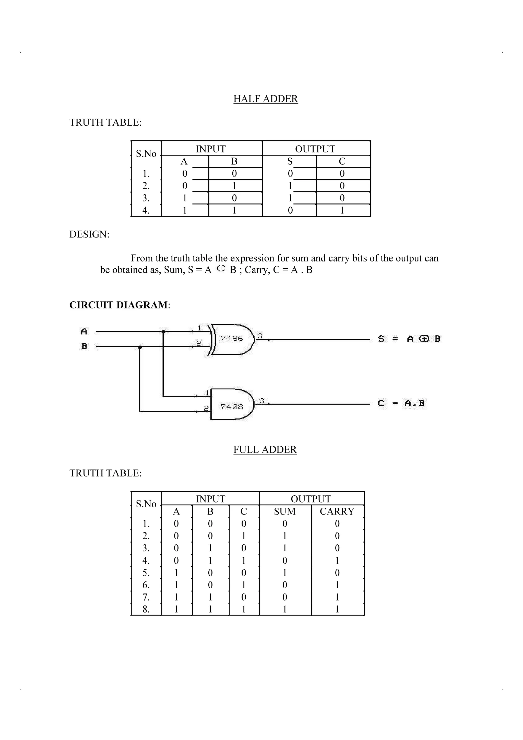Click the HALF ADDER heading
tap(266, 99)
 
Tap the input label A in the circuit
tap(84, 331)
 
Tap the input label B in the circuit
tap(84, 346)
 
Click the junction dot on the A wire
tap(163, 331)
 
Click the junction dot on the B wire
tap(139, 347)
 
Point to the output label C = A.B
tap(401, 403)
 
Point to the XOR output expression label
tap(409, 339)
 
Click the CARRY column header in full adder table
tap(337, 511)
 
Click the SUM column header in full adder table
tap(284, 511)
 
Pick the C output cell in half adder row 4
tap(342, 210)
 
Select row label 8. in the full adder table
tap(146, 610)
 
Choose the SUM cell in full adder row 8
tap(284, 610)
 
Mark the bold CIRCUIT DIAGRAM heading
tap(118, 305)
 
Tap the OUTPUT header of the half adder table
tap(315, 149)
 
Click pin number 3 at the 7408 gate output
tap(262, 401)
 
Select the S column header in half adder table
tap(290, 161)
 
